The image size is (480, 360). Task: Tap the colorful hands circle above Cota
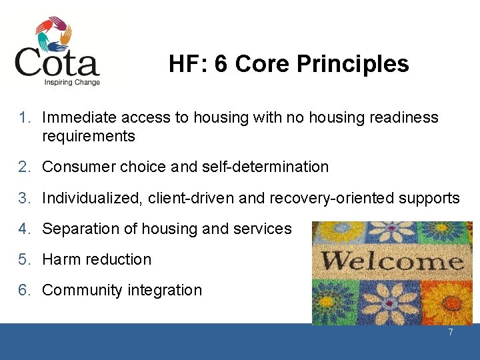click(x=53, y=33)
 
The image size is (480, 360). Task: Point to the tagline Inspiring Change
click(x=72, y=83)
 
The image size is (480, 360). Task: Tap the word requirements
click(x=88, y=137)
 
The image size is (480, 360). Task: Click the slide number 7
click(x=451, y=331)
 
